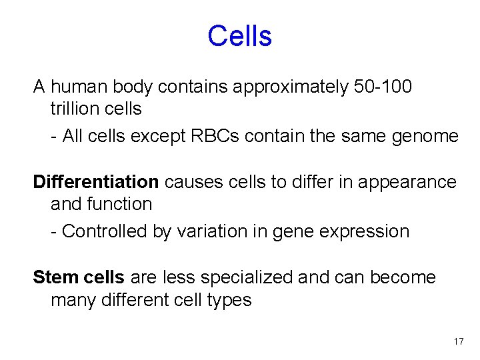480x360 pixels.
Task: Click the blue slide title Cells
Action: (239, 36)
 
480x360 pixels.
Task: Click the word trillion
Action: (77, 108)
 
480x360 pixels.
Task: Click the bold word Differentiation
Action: (96, 181)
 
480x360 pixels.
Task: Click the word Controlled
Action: (104, 231)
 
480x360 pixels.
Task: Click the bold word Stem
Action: (56, 277)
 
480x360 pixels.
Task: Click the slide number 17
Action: (458, 341)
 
